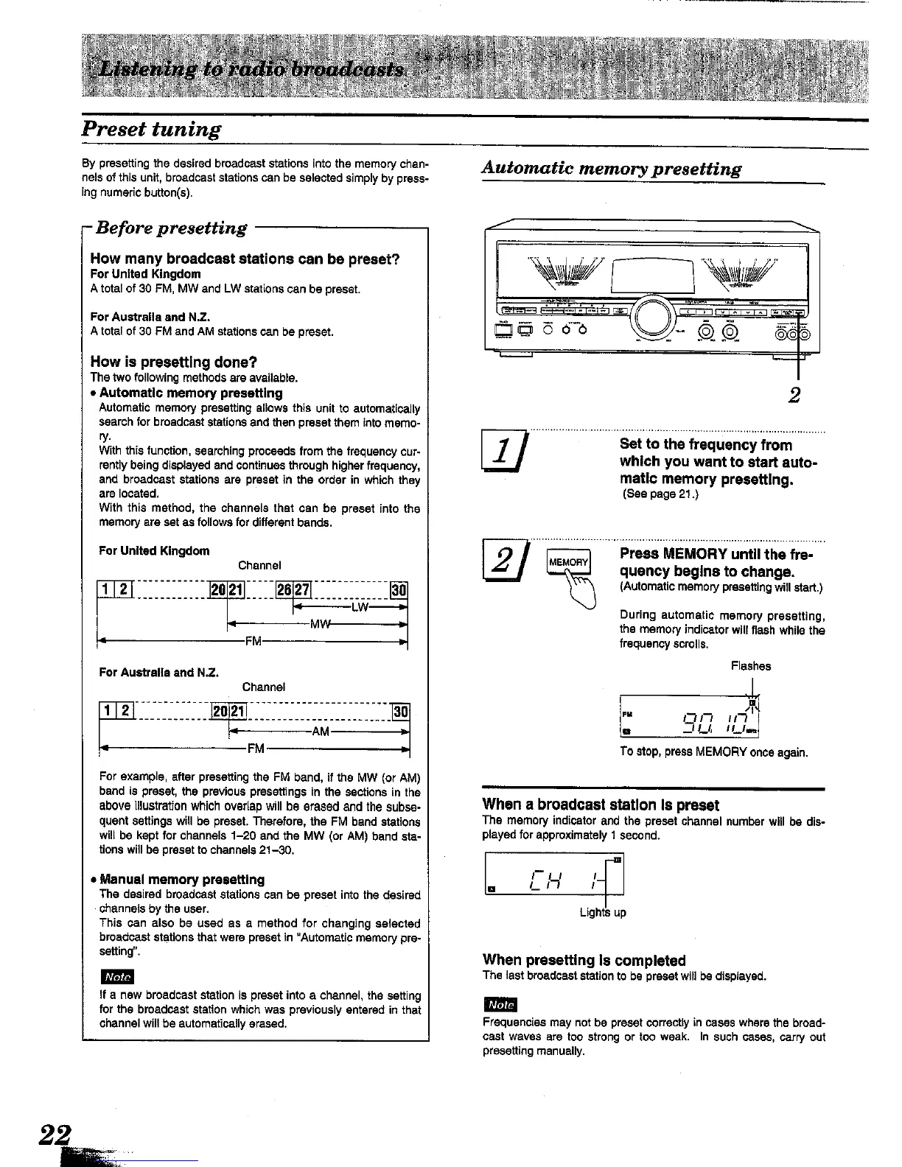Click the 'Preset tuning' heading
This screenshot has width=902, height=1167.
pos(151,130)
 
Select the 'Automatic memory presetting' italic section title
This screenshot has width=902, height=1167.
pos(611,169)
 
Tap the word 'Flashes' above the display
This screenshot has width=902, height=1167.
pos(750,666)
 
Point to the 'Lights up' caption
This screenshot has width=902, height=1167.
pos(602,913)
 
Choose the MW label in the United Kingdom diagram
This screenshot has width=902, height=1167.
pos(318,625)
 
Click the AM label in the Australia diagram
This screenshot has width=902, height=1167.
pos(321,732)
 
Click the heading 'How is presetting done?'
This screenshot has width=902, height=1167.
pos(173,362)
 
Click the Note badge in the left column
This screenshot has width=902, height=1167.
pos(116,977)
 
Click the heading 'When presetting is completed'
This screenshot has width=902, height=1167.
pos(584,961)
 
